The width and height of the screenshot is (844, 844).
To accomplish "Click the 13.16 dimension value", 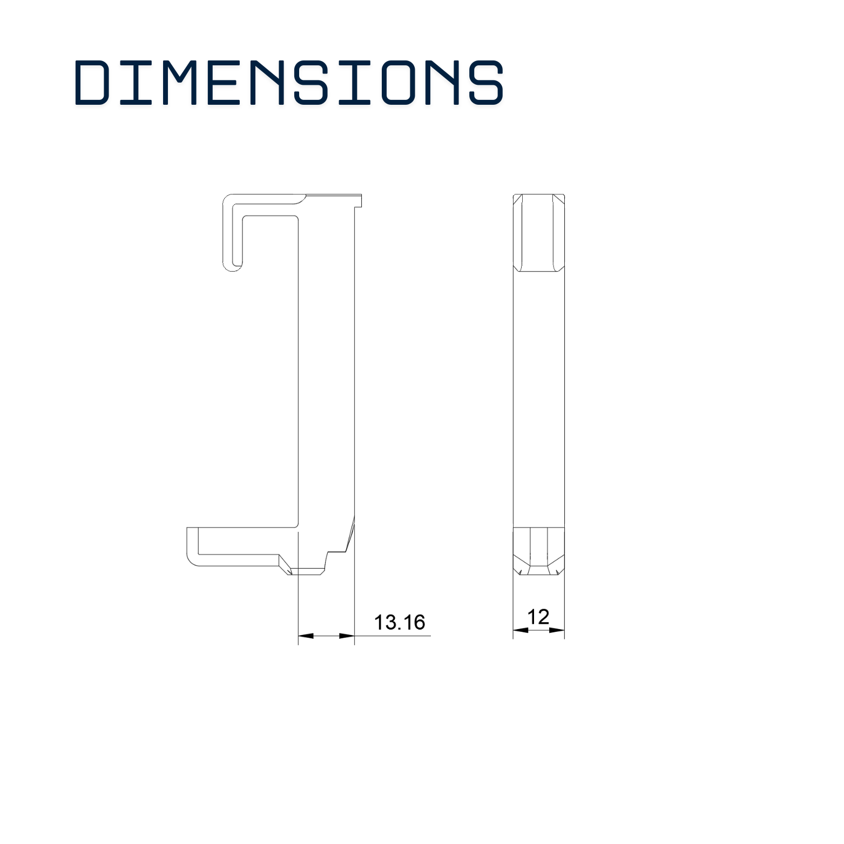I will (x=400, y=622).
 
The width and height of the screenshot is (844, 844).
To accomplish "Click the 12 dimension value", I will (x=538, y=617).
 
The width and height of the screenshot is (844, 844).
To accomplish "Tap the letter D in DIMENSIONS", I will (x=92, y=82).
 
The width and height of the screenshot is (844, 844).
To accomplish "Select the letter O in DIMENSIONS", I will (x=398, y=82).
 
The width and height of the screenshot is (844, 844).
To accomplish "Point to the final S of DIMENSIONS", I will (x=486, y=82).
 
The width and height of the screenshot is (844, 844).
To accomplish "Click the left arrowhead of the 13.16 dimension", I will (x=306, y=636).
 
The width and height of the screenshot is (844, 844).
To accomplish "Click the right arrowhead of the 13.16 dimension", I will (x=347, y=636).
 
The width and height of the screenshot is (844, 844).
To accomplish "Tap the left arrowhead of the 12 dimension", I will (x=521, y=630).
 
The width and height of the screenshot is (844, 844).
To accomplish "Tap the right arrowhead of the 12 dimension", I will (x=557, y=630).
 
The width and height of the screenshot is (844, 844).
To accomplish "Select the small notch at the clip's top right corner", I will (x=358, y=201).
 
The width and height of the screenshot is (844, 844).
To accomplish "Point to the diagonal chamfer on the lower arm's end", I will (x=285, y=565).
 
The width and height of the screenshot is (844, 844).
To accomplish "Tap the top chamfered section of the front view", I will (x=538, y=232).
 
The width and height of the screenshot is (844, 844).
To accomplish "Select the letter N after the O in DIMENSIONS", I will (x=442, y=82).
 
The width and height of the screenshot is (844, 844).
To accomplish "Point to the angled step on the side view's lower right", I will (x=349, y=537).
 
